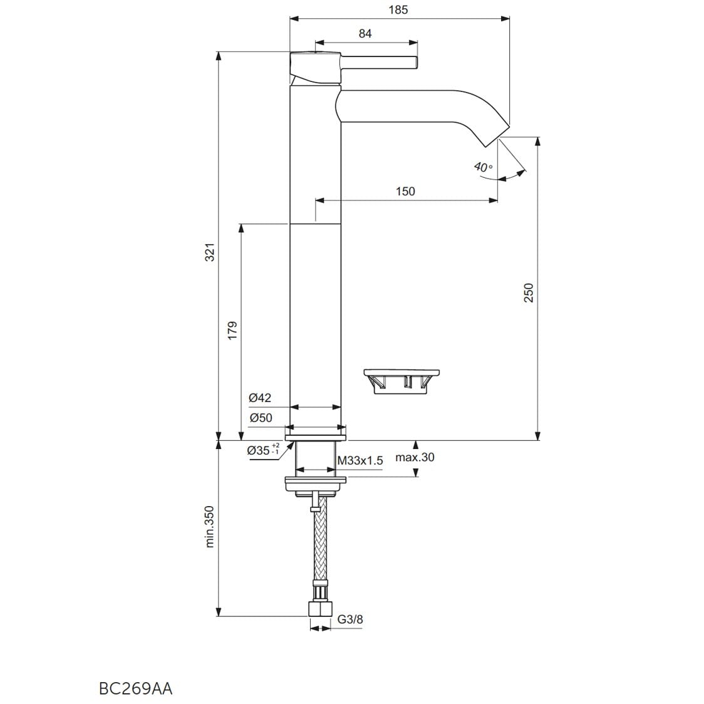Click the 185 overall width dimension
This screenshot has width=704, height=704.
pyautogui.click(x=398, y=9)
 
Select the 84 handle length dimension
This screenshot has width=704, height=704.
pyautogui.click(x=365, y=34)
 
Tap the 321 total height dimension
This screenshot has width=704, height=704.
pyautogui.click(x=210, y=252)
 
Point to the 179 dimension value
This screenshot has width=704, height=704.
pyautogui.click(x=232, y=331)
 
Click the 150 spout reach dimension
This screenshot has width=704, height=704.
pyautogui.click(x=405, y=191)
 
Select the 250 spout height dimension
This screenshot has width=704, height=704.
pyautogui.click(x=529, y=292)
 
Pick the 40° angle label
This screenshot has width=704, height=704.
pyautogui.click(x=483, y=167)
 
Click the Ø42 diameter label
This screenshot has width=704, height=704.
pyautogui.click(x=259, y=398)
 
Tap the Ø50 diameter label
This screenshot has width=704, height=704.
pyautogui.click(x=261, y=418)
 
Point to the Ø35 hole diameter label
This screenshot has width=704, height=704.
pyautogui.click(x=262, y=450)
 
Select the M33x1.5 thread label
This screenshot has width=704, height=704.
pyautogui.click(x=360, y=461)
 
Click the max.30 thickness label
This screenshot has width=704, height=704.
pyautogui.click(x=415, y=457)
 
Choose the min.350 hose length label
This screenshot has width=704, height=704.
pyautogui.click(x=210, y=527)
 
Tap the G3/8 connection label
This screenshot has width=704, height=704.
pyautogui.click(x=350, y=620)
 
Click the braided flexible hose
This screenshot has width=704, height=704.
pyautogui.click(x=319, y=545)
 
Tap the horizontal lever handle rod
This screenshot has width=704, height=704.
pyautogui.click(x=379, y=62)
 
